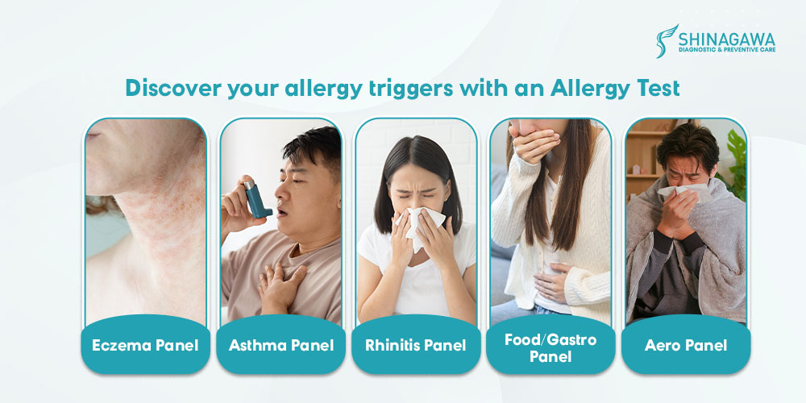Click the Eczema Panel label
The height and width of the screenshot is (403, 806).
[x=145, y=345]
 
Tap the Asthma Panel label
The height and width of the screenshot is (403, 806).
[x=281, y=345]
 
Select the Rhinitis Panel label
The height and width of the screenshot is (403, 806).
[x=416, y=345]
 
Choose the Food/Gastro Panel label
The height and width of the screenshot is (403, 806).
[x=550, y=347]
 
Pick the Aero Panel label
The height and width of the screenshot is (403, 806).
[x=686, y=345]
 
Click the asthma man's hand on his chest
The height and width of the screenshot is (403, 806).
[x=280, y=283]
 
